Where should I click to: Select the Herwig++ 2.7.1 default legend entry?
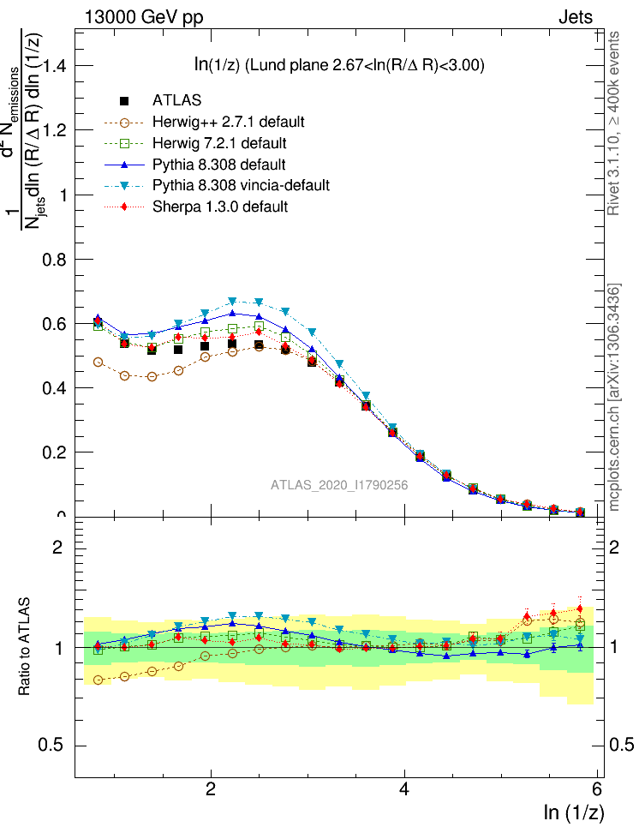pos(228,122)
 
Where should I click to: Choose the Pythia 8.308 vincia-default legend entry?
pos(240,185)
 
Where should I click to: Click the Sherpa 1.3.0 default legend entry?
pos(219,207)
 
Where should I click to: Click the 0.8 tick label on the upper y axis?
pos(53,259)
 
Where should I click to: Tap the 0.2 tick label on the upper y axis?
pos(53,452)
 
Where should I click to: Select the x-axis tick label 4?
pos(404,790)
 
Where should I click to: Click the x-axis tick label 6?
pos(597,790)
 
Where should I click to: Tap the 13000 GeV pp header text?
pos(144,16)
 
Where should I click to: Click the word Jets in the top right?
pos(576,16)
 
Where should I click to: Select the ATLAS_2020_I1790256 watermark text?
pos(339,485)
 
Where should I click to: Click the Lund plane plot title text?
pos(341,65)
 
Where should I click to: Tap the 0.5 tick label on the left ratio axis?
pos(53,745)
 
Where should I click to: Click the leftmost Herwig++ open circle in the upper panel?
pos(98,362)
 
